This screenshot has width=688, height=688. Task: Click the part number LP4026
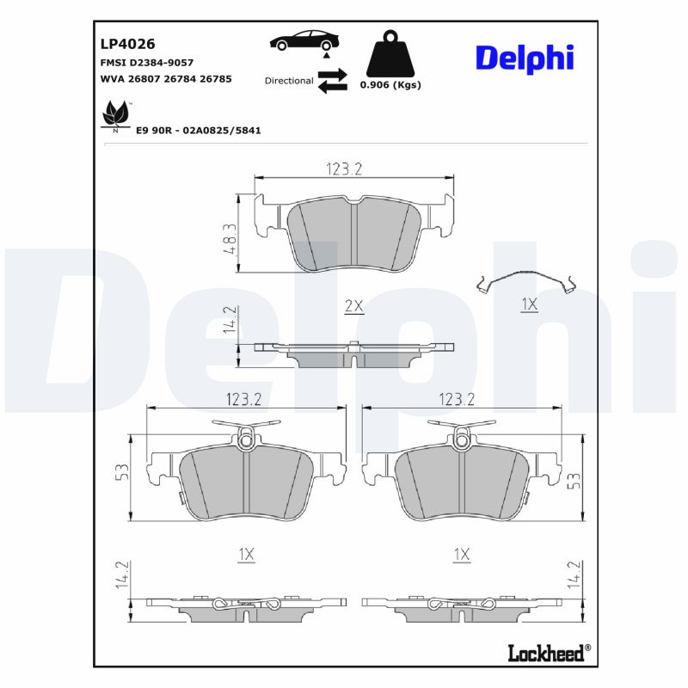tap(121, 43)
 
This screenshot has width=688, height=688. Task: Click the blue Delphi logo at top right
tap(524, 58)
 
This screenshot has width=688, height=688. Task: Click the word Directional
tap(288, 81)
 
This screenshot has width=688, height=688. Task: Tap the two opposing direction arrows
tap(332, 81)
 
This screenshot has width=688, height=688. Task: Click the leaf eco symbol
tap(114, 114)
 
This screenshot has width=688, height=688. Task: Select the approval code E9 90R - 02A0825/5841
tap(199, 130)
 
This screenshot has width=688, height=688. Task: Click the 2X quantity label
tap(354, 306)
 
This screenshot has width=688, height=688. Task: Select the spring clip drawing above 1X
tap(526, 281)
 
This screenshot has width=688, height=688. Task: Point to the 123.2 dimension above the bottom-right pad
tap(457, 399)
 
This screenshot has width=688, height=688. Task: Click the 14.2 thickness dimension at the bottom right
tap(574, 574)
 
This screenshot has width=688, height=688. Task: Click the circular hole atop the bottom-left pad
tap(247, 442)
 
